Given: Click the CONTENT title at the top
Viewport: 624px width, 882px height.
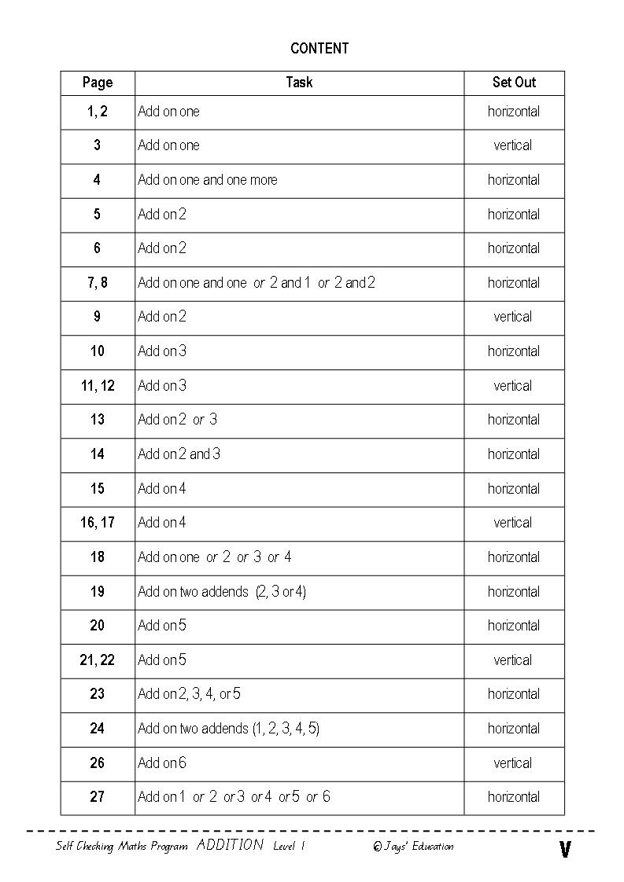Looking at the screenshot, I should pyautogui.click(x=319, y=48).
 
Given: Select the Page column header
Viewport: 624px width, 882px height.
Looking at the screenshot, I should pyautogui.click(x=98, y=83).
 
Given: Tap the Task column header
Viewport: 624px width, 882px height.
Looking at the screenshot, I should pyautogui.click(x=299, y=82).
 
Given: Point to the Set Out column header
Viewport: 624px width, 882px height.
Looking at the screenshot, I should pyautogui.click(x=513, y=82).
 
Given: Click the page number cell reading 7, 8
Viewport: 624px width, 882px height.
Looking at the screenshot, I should pyautogui.click(x=98, y=282).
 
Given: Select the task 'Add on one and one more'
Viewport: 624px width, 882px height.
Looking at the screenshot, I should pyautogui.click(x=208, y=180).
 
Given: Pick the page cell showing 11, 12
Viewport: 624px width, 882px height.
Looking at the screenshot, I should pyautogui.click(x=98, y=385).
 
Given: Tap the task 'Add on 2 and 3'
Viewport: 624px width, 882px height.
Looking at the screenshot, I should pyautogui.click(x=179, y=454).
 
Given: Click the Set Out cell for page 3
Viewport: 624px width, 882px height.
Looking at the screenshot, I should pyautogui.click(x=513, y=145).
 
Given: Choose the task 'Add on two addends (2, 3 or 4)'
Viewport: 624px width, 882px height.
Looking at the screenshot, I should pyautogui.click(x=222, y=591).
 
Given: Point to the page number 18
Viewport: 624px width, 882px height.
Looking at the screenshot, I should pyautogui.click(x=98, y=557).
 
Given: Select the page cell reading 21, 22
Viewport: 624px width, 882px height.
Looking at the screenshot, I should pyautogui.click(x=98, y=660).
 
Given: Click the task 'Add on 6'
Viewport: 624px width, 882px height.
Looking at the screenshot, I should pyautogui.click(x=162, y=763).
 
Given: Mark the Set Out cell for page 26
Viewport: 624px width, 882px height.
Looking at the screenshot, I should pyautogui.click(x=513, y=763).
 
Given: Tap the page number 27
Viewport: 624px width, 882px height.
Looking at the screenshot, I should pyautogui.click(x=98, y=796).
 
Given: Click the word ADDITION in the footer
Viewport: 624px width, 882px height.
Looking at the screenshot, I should pyautogui.click(x=230, y=845).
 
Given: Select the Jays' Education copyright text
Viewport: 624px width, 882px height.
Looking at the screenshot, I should pyautogui.click(x=413, y=847).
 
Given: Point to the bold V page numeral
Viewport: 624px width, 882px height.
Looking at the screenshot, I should pyautogui.click(x=564, y=850).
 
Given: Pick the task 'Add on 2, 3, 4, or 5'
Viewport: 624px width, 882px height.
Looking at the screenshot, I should pyautogui.click(x=190, y=694).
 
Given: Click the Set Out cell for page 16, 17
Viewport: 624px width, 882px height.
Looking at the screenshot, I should pyautogui.click(x=513, y=523).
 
